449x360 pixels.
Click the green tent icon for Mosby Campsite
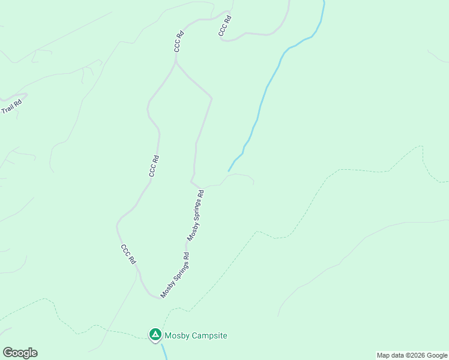[x=155, y=334]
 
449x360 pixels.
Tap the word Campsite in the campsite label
[x=209, y=336]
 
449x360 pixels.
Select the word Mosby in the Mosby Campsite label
[x=177, y=336]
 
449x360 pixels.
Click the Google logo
[x=20, y=353]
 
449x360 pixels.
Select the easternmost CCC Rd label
[x=225, y=26]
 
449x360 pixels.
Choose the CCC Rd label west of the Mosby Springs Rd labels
[x=154, y=166]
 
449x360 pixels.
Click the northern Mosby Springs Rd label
[x=196, y=216]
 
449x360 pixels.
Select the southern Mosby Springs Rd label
[x=175, y=275]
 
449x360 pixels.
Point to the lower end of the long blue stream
[x=229, y=170]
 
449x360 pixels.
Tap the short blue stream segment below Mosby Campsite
[x=163, y=352]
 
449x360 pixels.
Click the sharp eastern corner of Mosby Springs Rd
[x=211, y=97]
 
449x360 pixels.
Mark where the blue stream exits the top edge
[x=324, y=1]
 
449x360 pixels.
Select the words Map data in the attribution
[x=391, y=356]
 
